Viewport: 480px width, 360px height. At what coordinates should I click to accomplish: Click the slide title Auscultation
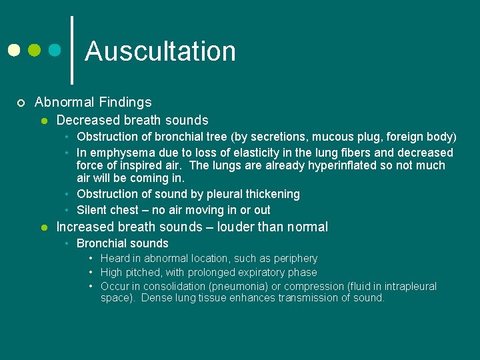pos(160,51)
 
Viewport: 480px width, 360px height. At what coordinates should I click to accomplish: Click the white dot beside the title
pos(14,51)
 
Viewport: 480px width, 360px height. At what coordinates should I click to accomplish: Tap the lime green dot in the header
pos(35,51)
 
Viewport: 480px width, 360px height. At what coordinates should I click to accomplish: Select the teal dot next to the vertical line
pos(55,51)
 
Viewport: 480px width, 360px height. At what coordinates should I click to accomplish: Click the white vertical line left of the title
pos(72,50)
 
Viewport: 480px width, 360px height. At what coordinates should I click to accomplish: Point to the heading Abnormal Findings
pos(93,102)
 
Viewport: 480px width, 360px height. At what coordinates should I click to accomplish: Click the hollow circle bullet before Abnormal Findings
pos(21,103)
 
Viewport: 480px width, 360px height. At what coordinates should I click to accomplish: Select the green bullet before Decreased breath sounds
pos(43,121)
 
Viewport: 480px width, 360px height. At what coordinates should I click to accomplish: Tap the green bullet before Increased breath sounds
pos(43,227)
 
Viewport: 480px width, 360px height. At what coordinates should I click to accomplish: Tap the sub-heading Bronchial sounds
pos(122,243)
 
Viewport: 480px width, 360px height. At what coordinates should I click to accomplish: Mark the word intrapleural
pos(406,286)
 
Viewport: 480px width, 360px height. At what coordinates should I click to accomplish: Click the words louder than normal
pos(272,227)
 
